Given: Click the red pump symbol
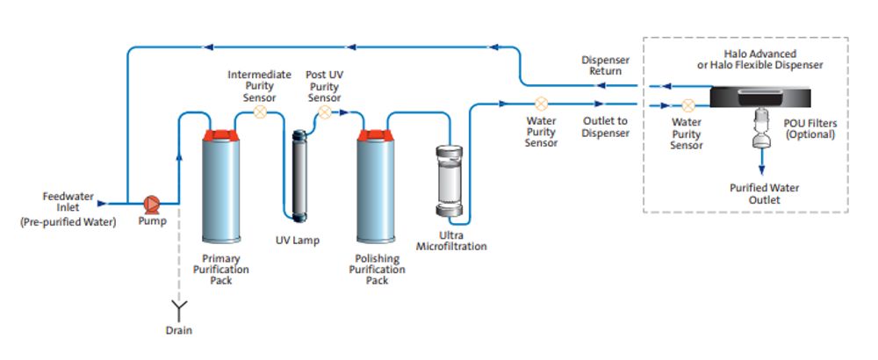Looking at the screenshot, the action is pyautogui.click(x=151, y=204).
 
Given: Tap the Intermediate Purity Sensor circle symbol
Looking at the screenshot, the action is pyautogui.click(x=260, y=112).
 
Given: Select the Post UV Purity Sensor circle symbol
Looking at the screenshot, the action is pyautogui.click(x=325, y=112).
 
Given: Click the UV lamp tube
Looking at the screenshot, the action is pyautogui.click(x=300, y=176).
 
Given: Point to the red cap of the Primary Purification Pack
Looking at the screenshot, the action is pyautogui.click(x=221, y=135).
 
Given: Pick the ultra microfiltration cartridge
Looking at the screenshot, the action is pyautogui.click(x=449, y=181).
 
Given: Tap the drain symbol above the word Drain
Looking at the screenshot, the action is pyautogui.click(x=179, y=306).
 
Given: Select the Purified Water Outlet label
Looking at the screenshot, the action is pyautogui.click(x=764, y=194).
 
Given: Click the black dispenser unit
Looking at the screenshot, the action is pyautogui.click(x=760, y=97).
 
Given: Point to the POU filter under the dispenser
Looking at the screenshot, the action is pyautogui.click(x=760, y=128).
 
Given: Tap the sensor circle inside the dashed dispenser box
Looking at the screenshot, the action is pyautogui.click(x=689, y=104).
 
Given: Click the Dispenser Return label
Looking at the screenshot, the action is pyautogui.click(x=605, y=66).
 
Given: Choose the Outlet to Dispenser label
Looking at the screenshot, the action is pyautogui.click(x=605, y=126).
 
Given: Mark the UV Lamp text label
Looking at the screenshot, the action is pyautogui.click(x=298, y=241).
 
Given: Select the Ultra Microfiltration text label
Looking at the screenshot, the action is pyautogui.click(x=451, y=241).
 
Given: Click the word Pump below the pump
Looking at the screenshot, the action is pyautogui.click(x=152, y=222).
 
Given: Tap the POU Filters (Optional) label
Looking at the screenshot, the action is pyautogui.click(x=810, y=129).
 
